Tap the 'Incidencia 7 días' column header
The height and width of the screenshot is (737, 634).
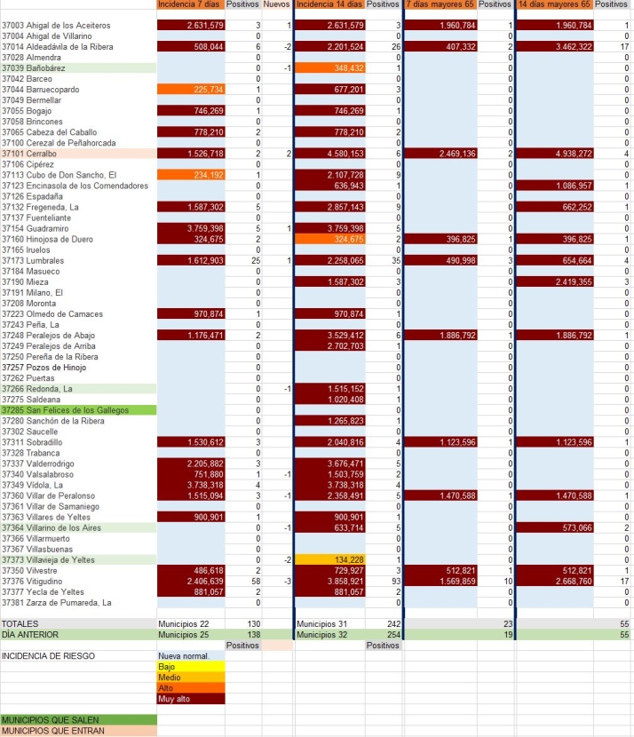point(190,4)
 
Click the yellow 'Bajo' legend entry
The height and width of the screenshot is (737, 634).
point(190,666)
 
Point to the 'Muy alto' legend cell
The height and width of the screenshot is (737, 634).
point(190,698)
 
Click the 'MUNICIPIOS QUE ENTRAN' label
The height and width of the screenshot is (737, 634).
point(53,731)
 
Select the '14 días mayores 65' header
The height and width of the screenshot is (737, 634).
point(554,4)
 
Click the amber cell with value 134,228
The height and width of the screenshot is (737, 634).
point(329,559)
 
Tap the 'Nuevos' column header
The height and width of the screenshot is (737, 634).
point(277,4)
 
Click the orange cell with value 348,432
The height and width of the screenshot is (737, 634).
point(329,67)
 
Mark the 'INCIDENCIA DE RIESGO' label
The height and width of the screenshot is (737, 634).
point(50,656)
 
